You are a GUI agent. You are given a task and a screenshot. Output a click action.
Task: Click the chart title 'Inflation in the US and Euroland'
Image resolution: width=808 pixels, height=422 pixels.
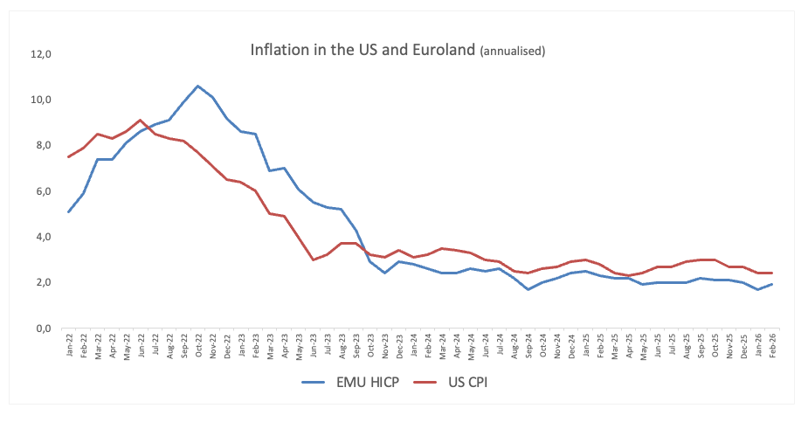pyautogui.click(x=363, y=50)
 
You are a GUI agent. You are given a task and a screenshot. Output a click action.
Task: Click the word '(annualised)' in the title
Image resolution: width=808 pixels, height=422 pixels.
pyautogui.click(x=513, y=52)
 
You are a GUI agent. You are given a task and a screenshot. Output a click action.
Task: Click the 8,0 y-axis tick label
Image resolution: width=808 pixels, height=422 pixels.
pyautogui.click(x=44, y=145)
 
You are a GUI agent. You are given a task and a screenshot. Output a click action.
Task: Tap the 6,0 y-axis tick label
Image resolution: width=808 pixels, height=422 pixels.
pyautogui.click(x=44, y=191)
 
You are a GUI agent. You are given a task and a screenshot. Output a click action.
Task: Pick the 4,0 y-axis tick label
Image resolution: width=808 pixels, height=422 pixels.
pyautogui.click(x=44, y=237)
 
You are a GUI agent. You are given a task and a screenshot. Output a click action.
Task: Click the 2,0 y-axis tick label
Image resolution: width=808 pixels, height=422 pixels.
pyautogui.click(x=44, y=282)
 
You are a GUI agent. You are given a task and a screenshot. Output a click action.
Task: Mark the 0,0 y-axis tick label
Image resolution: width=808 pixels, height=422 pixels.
pyautogui.click(x=44, y=329)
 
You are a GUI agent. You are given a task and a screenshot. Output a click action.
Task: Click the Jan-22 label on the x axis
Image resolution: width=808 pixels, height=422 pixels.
pyautogui.click(x=69, y=348)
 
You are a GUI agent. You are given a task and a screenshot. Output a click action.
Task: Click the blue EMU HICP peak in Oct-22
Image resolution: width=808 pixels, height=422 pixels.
pyautogui.click(x=197, y=86)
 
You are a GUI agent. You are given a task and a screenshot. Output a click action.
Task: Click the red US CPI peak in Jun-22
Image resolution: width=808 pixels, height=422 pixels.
pyautogui.click(x=141, y=120)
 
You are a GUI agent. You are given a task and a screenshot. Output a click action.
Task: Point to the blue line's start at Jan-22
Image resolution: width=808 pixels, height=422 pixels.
pyautogui.click(x=69, y=211)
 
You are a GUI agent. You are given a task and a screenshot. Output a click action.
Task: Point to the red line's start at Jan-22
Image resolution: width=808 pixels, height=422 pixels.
pyautogui.click(x=69, y=156)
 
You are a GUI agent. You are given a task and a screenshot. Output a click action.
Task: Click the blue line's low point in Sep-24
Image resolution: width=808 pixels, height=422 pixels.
pyautogui.click(x=527, y=289)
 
